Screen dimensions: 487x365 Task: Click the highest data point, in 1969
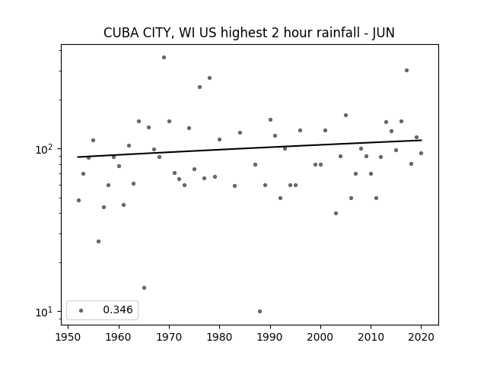point(164,58)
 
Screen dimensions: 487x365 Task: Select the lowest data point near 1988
point(260,311)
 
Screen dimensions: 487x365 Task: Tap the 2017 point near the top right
point(406,71)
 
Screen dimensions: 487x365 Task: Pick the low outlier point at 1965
point(144,288)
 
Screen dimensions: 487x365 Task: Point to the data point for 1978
point(210,78)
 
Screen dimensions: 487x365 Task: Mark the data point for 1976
point(199,87)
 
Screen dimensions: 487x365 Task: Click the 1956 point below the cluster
point(98,242)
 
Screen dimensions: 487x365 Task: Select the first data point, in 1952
point(78,201)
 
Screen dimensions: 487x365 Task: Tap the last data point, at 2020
point(421,154)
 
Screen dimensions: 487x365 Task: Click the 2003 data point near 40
point(336,213)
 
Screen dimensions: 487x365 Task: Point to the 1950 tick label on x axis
point(68,337)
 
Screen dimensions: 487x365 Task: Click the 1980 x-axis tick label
point(220,337)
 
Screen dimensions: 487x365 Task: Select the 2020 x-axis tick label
point(421,337)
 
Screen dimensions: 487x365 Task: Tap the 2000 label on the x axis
point(320,337)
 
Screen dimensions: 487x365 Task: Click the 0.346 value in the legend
point(118,309)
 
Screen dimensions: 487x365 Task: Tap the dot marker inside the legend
point(81,310)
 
